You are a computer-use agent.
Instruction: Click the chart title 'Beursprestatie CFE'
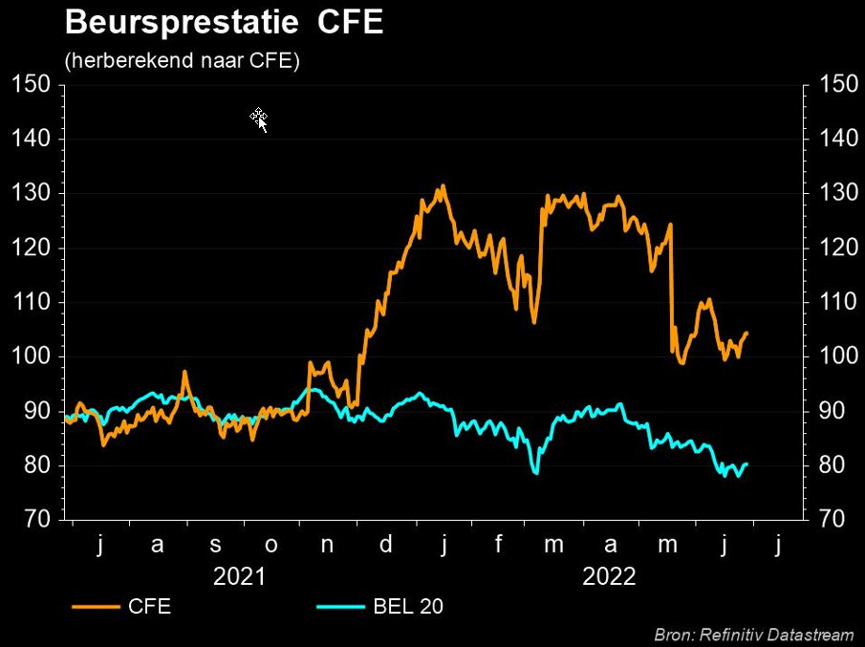tap(224, 23)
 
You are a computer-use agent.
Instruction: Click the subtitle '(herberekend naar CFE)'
tap(182, 61)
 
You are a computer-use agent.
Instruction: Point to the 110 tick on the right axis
tap(838, 303)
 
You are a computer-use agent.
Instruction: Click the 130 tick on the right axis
tap(838, 194)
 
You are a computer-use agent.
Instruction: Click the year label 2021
tap(240, 576)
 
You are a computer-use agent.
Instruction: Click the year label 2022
tap(609, 576)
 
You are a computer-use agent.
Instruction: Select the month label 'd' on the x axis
tap(386, 546)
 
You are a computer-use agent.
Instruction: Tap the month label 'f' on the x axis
tap(498, 546)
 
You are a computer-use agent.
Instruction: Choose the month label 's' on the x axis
tap(215, 546)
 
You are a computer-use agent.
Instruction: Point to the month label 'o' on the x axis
tap(271, 546)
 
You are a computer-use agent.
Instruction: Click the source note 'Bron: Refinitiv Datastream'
tap(754, 635)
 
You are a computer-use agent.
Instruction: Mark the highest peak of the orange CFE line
tap(443, 185)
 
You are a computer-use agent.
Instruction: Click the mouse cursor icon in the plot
tap(259, 119)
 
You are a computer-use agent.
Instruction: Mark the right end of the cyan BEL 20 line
tap(746, 464)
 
